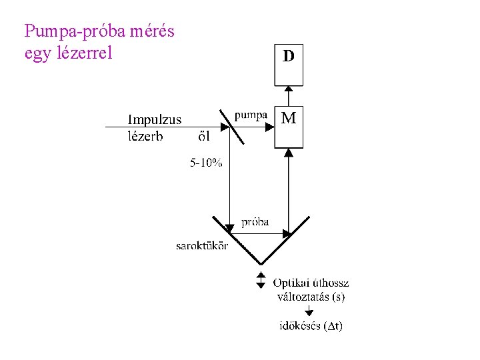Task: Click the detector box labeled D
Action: [289, 65]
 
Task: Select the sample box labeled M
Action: [289, 128]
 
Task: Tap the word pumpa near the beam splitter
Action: [251, 115]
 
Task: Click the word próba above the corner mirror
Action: [255, 222]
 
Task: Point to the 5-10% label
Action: [206, 163]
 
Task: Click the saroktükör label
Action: [202, 246]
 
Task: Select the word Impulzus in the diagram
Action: [155, 120]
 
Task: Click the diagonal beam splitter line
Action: [230, 127]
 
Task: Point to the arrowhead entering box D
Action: [288, 90]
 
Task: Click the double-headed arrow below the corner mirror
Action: [261, 279]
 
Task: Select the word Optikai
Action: [291, 283]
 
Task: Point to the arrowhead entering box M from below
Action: [288, 152]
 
